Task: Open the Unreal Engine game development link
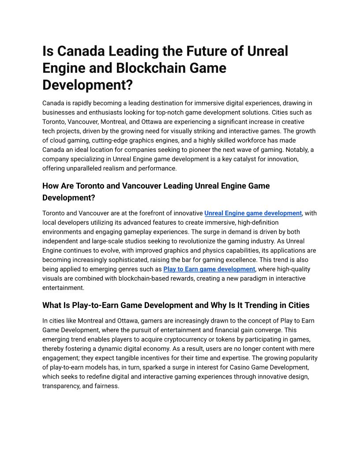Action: click(253, 213)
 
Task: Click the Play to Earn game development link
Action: click(209, 269)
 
